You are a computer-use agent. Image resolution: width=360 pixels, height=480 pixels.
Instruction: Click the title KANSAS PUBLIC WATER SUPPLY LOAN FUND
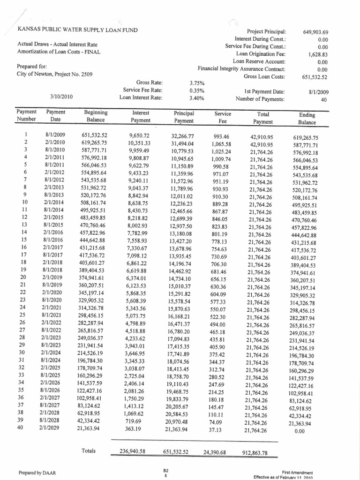[x=77, y=30]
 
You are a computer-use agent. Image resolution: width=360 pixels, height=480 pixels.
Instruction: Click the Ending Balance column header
[x=307, y=118]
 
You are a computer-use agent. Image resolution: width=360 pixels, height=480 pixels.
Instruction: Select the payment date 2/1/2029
[x=56, y=428]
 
